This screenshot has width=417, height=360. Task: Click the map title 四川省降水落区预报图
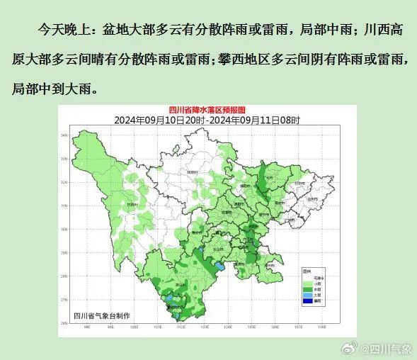(207, 110)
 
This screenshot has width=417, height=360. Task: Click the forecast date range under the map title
(207, 120)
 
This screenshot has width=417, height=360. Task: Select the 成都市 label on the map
(228, 211)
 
